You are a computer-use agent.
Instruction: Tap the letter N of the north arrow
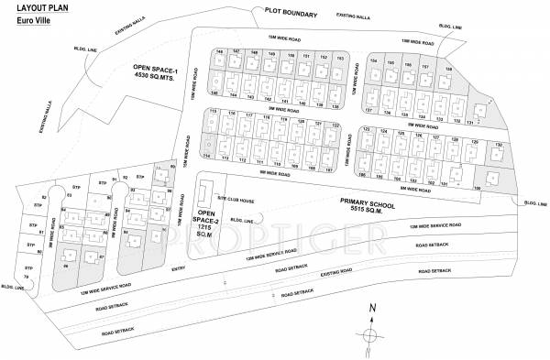(x=370, y=308)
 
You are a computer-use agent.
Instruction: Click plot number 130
(x=498, y=145)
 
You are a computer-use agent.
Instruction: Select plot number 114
(x=207, y=157)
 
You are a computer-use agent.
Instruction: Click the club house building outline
(x=203, y=193)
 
